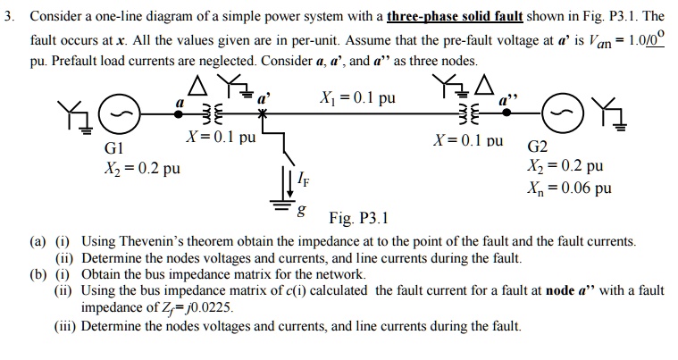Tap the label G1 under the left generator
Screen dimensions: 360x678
click(x=115, y=149)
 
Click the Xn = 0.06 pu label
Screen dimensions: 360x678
click(x=570, y=188)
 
